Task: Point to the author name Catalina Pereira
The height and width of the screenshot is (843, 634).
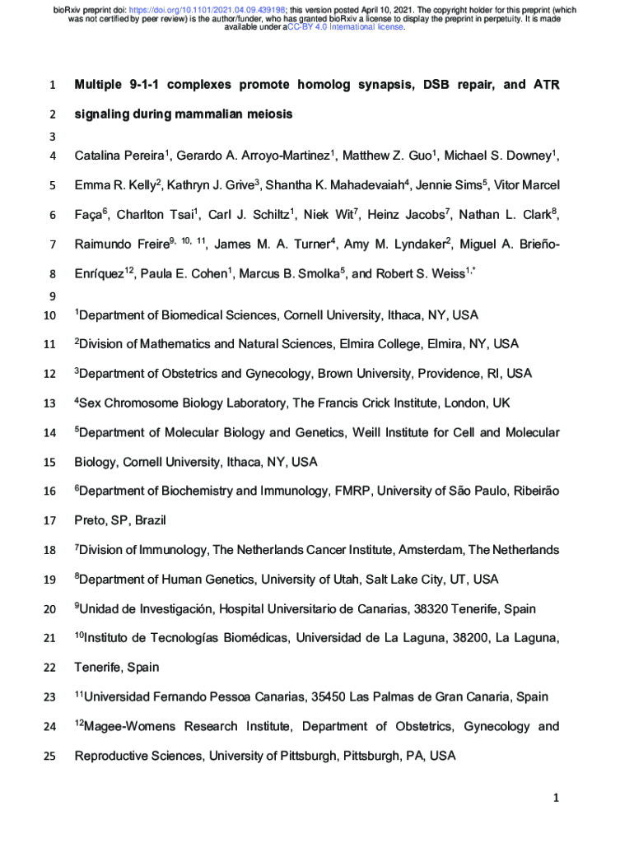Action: point(120,155)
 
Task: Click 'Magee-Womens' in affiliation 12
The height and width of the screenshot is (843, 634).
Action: point(128,727)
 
